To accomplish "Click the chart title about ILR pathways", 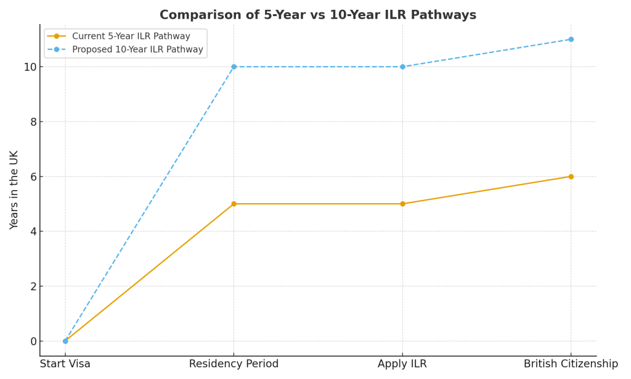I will [x=317, y=15].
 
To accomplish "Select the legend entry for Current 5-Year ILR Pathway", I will [x=131, y=36].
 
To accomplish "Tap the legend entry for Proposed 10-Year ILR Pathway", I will [x=137, y=49].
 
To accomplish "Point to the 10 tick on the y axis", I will [x=30, y=67].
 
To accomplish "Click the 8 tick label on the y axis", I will [x=33, y=122].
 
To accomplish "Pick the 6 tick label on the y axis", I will [x=33, y=177].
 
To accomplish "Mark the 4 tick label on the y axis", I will [x=33, y=231].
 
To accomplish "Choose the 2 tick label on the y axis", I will [x=33, y=286].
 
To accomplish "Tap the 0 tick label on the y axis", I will [x=33, y=341].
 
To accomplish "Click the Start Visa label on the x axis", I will [x=65, y=364].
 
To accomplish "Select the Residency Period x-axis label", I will [x=234, y=364].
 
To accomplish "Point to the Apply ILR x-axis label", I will [x=402, y=364].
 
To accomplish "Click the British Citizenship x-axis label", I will [x=571, y=364].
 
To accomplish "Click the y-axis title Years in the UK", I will [x=14, y=190].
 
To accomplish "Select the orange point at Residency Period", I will [x=234, y=204].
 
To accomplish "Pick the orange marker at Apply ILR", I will [x=402, y=204].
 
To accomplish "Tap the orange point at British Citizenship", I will [x=571, y=177].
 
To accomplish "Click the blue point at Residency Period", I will [x=234, y=67].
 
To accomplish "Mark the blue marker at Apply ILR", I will [x=402, y=67].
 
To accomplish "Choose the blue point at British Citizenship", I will [x=571, y=40].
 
